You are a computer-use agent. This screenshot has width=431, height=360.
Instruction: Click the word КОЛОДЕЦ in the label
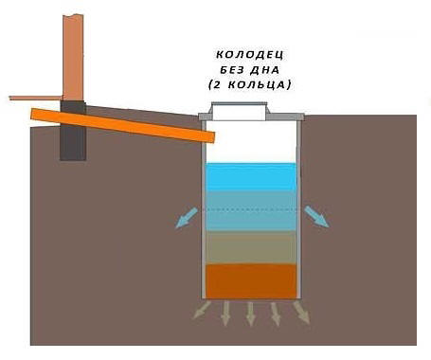point(250,55)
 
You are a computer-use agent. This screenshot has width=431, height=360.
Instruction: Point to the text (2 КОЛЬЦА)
point(251,85)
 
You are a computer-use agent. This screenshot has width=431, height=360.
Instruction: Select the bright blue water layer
point(251,176)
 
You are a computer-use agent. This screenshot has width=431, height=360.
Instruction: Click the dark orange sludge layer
point(251,280)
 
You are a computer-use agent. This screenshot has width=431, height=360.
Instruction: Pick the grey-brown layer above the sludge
point(251,247)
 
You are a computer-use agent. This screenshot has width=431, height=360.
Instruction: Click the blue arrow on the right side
point(317,217)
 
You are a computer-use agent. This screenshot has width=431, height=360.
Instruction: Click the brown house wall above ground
point(74,47)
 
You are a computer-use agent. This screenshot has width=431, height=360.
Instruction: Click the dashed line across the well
point(251,209)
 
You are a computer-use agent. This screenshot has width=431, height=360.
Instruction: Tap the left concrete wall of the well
point(204,208)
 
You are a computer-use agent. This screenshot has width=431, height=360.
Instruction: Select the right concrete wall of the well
point(298,208)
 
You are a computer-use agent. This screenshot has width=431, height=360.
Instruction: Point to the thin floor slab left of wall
point(33,98)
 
